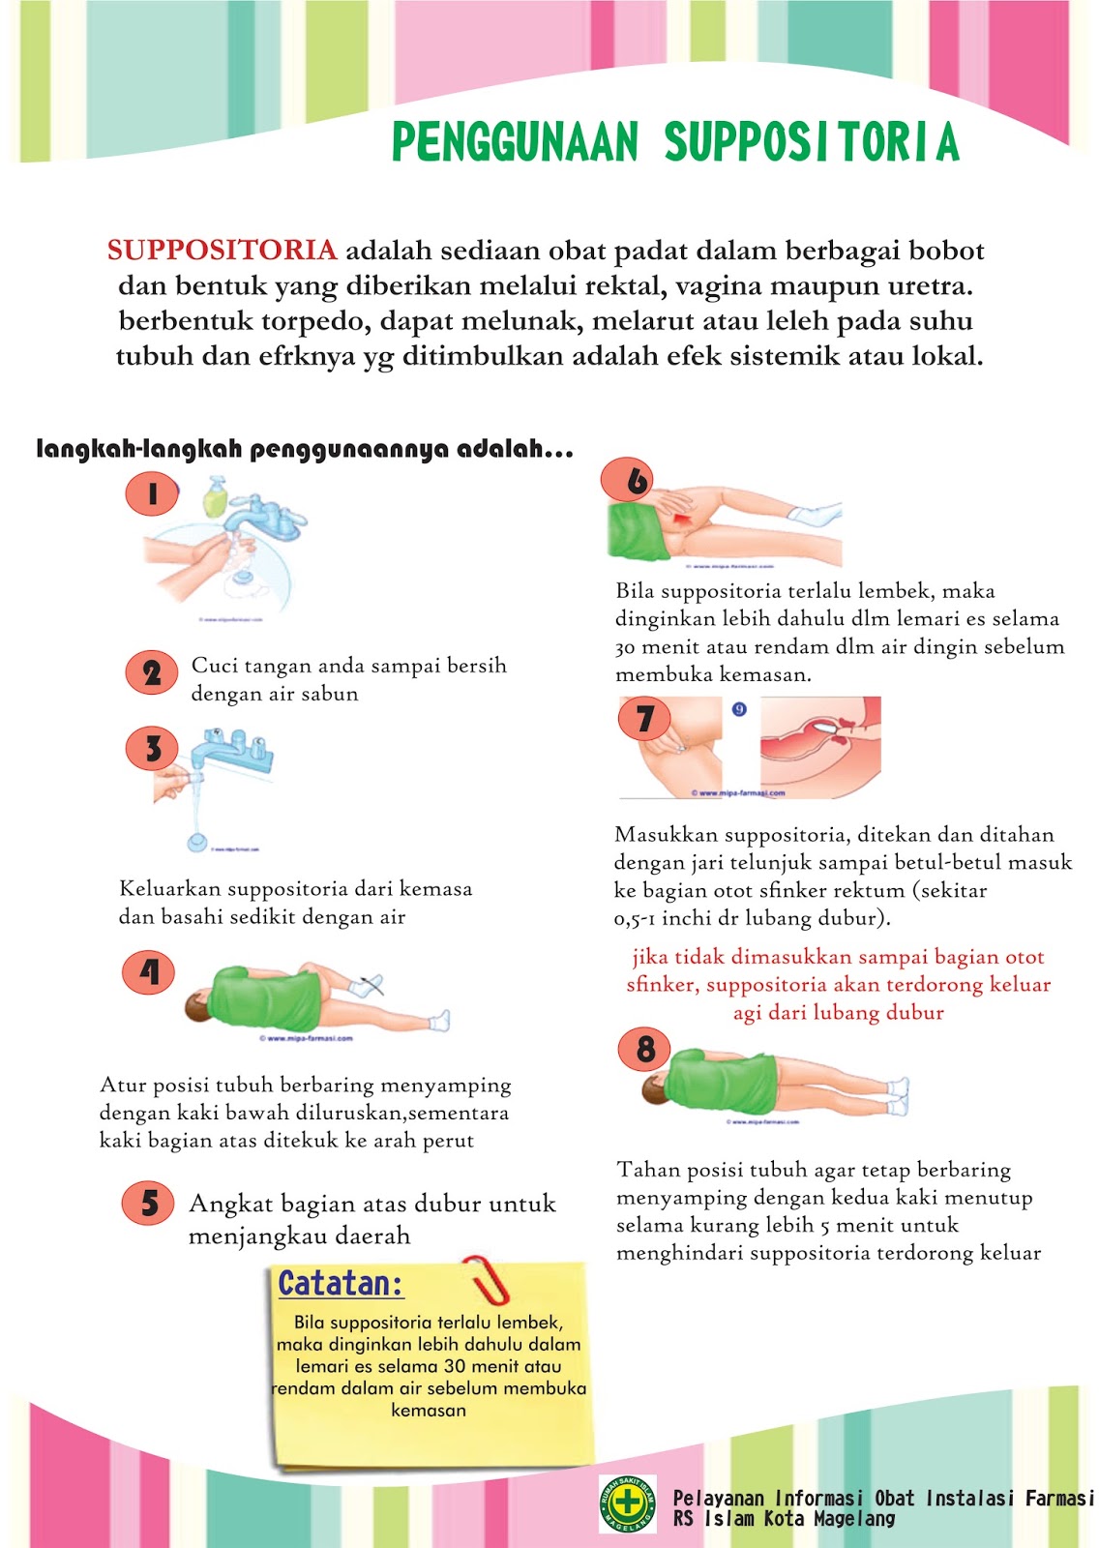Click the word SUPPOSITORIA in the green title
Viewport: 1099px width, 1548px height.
pyautogui.click(x=811, y=142)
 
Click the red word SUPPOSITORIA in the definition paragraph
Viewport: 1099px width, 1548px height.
pyautogui.click(x=222, y=251)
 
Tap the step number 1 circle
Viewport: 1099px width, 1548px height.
pyautogui.click(x=152, y=495)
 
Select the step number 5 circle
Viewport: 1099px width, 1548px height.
pyautogui.click(x=148, y=1204)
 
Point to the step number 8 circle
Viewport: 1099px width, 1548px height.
pyautogui.click(x=645, y=1050)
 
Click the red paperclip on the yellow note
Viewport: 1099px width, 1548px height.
pyautogui.click(x=490, y=1279)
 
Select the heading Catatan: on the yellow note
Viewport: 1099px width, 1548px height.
pyautogui.click(x=341, y=1285)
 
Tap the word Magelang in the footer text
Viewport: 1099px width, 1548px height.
pyautogui.click(x=854, y=1519)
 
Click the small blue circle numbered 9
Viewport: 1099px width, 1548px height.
pyautogui.click(x=739, y=709)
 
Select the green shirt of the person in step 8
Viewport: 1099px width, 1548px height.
pyautogui.click(x=724, y=1082)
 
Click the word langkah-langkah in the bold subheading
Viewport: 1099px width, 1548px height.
pyautogui.click(x=138, y=450)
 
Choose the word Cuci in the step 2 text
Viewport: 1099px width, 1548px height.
pyautogui.click(x=213, y=666)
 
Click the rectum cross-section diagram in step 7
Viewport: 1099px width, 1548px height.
pyautogui.click(x=820, y=745)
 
